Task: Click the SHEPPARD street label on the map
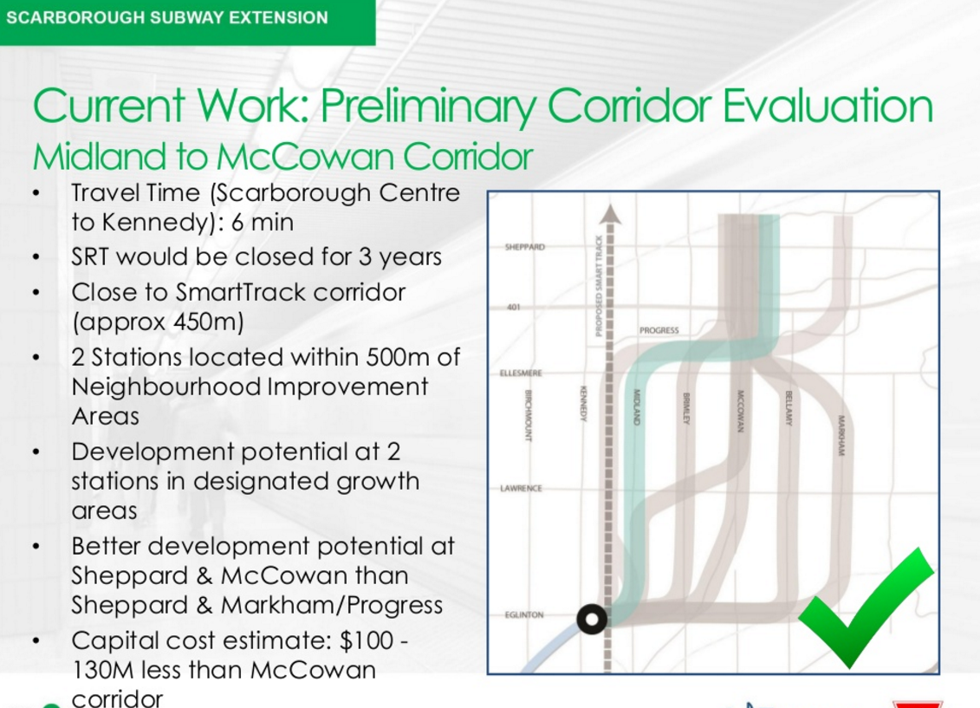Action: tap(524, 247)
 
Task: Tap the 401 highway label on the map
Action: tap(513, 307)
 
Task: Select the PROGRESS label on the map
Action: tap(659, 330)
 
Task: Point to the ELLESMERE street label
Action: tap(521, 373)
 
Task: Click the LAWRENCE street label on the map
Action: tap(521, 488)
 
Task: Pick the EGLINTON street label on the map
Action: tap(523, 615)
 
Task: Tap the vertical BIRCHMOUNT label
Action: tap(528, 416)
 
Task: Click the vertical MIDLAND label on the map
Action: tap(637, 406)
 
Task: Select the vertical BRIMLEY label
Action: tap(685, 409)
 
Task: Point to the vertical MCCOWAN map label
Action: tap(740, 411)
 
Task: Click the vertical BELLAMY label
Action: tap(789, 408)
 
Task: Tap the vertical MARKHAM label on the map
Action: tap(841, 436)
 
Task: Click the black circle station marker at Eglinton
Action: tap(592, 620)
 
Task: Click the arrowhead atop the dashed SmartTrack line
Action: tap(610, 214)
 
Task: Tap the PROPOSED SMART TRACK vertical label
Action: tap(599, 286)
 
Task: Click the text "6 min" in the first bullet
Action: tap(262, 223)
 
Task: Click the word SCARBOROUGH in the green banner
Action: tap(75, 17)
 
